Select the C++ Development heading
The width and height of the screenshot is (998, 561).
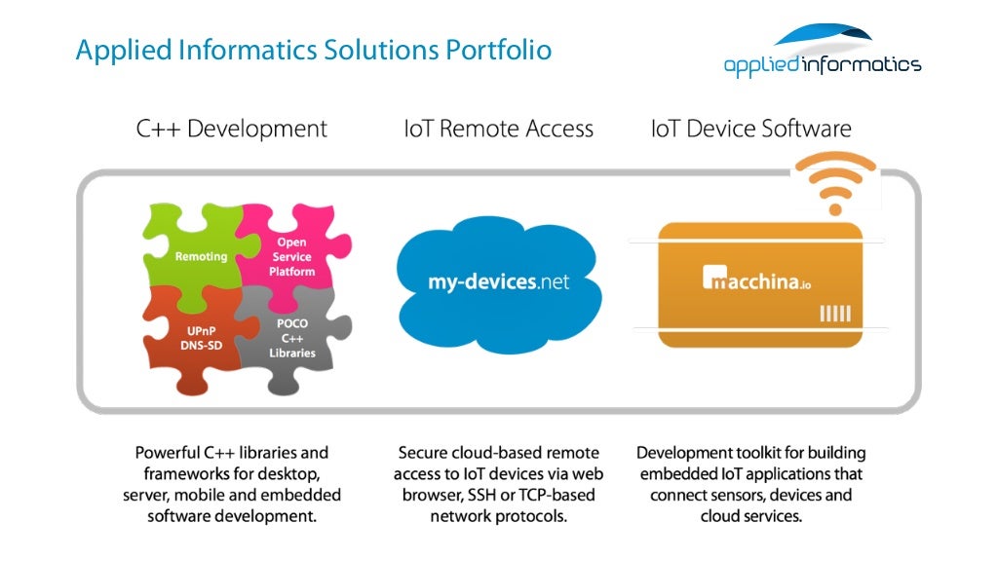click(x=232, y=129)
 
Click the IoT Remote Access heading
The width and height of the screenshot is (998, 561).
click(x=498, y=129)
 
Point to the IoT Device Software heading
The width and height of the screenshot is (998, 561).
click(x=750, y=129)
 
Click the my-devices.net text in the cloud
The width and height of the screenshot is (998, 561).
click(x=498, y=282)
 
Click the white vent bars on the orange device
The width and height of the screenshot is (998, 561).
click(x=835, y=314)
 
